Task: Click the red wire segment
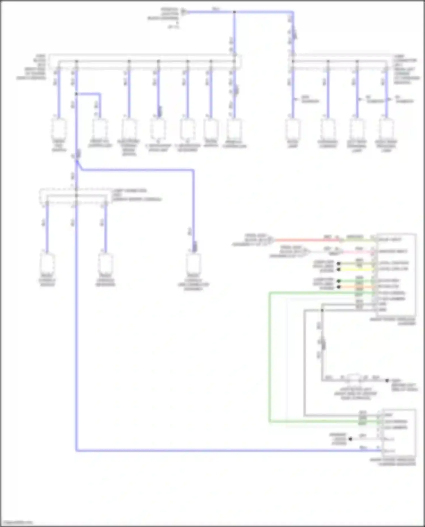pyautogui.click(x=306, y=240)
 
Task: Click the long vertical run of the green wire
pyautogui.click(x=269, y=357)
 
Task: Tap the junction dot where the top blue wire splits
pyautogui.click(x=234, y=12)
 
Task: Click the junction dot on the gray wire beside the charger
pyautogui.click(x=322, y=310)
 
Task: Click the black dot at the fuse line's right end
pyautogui.click(x=387, y=380)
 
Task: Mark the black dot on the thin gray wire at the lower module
pyautogui.click(x=350, y=439)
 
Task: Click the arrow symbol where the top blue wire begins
pyautogui.click(x=184, y=12)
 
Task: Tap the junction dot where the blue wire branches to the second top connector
pyautogui.click(x=76, y=94)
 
